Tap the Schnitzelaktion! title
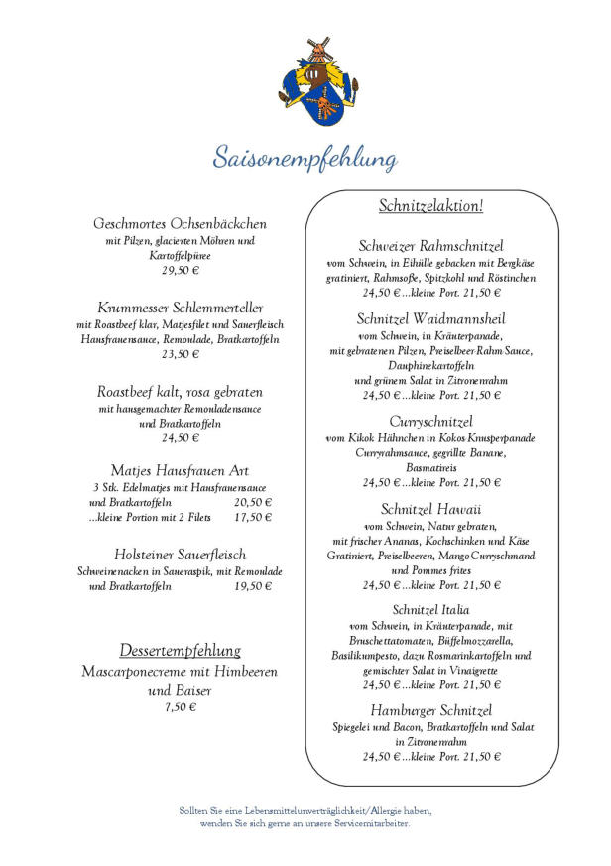click(430, 206)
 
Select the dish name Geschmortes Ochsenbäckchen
click(180, 223)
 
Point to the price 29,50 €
click(181, 270)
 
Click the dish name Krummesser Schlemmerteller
click(180, 307)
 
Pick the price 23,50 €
click(181, 353)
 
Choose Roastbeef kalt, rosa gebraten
click(180, 390)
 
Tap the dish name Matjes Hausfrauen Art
click(180, 469)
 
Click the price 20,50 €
click(253, 502)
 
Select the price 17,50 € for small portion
click(253, 517)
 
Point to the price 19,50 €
click(253, 586)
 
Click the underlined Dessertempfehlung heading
click(180, 651)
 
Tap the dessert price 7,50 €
click(181, 707)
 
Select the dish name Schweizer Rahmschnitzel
click(430, 245)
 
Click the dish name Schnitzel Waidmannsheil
click(430, 318)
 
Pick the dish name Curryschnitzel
click(430, 421)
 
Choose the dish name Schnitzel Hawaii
click(430, 508)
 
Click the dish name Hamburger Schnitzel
click(430, 709)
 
